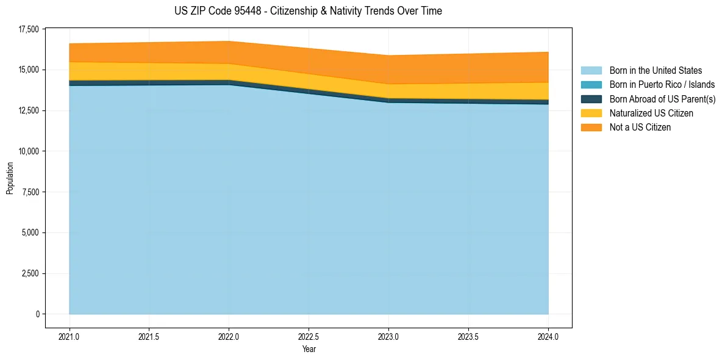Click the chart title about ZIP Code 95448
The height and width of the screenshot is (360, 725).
[308, 11]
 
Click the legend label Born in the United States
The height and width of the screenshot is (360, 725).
[655, 71]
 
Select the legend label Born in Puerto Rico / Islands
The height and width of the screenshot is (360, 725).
[662, 85]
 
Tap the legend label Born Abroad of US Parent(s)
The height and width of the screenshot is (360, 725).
[662, 99]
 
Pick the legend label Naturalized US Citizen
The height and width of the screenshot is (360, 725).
[651, 113]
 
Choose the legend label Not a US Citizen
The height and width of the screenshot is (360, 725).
[640, 128]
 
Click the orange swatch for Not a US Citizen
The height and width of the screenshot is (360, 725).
[591, 128]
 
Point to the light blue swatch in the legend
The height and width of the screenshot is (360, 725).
[591, 71]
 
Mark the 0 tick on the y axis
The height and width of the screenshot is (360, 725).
[37, 314]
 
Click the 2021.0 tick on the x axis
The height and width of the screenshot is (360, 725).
[70, 336]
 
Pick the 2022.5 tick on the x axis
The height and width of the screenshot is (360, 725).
[309, 336]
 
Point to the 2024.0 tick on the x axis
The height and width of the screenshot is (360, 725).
[548, 336]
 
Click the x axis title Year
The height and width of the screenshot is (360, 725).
[309, 349]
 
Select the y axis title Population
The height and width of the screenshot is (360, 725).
[10, 178]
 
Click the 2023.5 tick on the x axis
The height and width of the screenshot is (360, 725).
[468, 336]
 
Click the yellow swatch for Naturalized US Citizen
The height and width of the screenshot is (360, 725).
[591, 113]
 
